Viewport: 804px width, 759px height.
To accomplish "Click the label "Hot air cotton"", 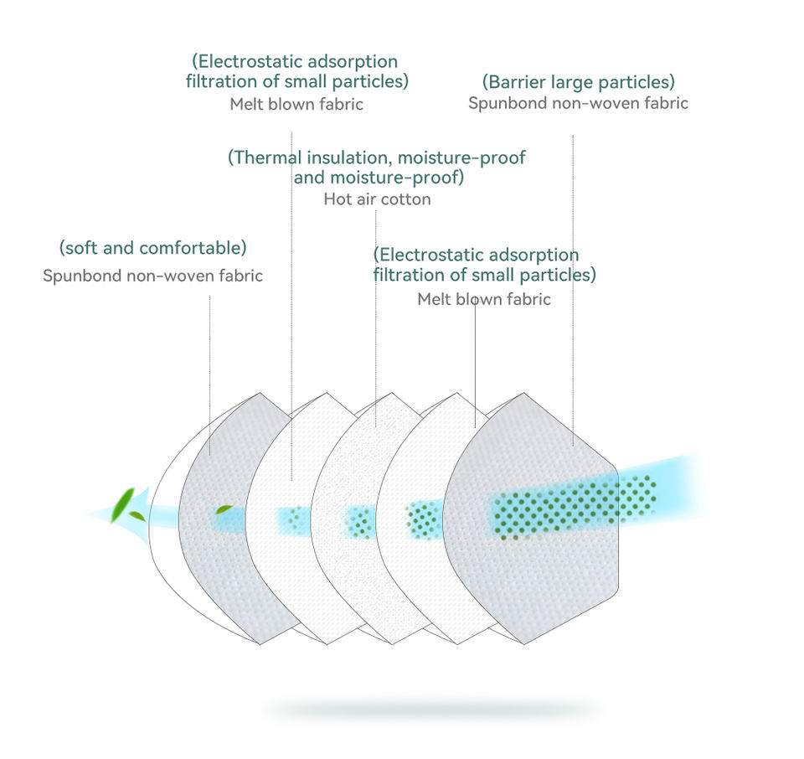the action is pyautogui.click(x=377, y=199).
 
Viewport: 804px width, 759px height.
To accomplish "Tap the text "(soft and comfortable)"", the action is pyautogui.click(x=152, y=248).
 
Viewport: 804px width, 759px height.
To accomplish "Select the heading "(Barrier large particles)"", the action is pyautogui.click(x=579, y=82).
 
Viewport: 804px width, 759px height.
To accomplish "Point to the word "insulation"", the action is pyautogui.click(x=348, y=157).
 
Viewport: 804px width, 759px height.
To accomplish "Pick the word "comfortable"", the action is pyautogui.click(x=190, y=248).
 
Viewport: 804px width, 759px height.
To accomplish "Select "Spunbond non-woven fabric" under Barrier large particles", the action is pyautogui.click(x=578, y=103).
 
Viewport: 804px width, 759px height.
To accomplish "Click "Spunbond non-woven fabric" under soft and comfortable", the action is pyautogui.click(x=152, y=276).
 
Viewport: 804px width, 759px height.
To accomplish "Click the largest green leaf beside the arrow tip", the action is pyautogui.click(x=122, y=504).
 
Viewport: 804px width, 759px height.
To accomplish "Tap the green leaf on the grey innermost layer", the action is pyautogui.click(x=224, y=509).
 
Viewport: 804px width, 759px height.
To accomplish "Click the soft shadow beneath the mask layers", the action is pyautogui.click(x=433, y=710).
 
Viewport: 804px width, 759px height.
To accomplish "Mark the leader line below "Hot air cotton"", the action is pyautogui.click(x=376, y=318).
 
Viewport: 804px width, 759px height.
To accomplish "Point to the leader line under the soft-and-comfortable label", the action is pyautogui.click(x=209, y=375).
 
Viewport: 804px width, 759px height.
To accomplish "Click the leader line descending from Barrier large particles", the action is pyautogui.click(x=573, y=290).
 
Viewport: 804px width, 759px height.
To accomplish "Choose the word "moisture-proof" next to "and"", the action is pyautogui.click(x=397, y=178).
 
